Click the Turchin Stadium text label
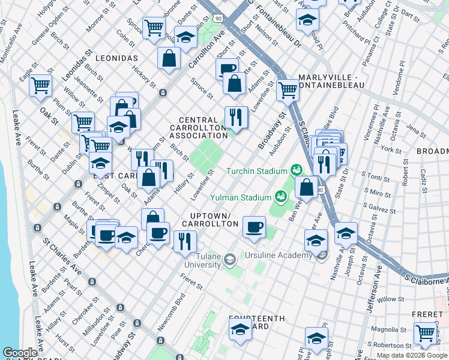click(x=256, y=172)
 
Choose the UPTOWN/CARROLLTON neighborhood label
click(x=214, y=219)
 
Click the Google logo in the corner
click(x=20, y=353)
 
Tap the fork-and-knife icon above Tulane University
click(x=185, y=241)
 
